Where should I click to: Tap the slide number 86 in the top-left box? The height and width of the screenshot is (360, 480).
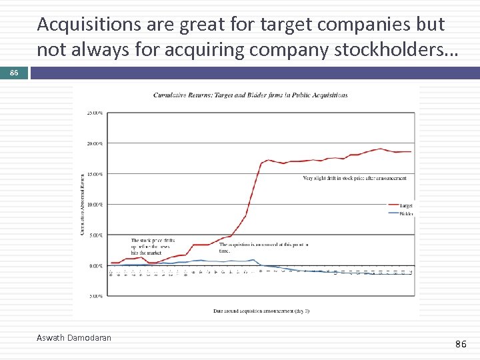(14, 73)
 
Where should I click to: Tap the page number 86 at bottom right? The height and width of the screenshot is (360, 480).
(460, 344)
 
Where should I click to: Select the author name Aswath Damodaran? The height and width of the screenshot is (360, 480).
(74, 338)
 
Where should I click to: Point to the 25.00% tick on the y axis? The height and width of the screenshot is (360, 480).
(95, 113)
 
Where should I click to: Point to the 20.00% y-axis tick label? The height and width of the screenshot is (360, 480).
(95, 143)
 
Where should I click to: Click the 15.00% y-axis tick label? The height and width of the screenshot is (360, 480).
(95, 174)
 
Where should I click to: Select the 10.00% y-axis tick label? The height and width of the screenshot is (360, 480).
(95, 205)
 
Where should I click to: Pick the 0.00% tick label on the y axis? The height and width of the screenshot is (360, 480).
(95, 265)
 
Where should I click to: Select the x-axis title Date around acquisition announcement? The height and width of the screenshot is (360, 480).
(252, 311)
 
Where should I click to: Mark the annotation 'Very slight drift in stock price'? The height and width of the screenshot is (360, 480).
(354, 178)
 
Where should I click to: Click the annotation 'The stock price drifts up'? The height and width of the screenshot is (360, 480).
(153, 247)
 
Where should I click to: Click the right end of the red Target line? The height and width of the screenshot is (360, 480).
(411, 152)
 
